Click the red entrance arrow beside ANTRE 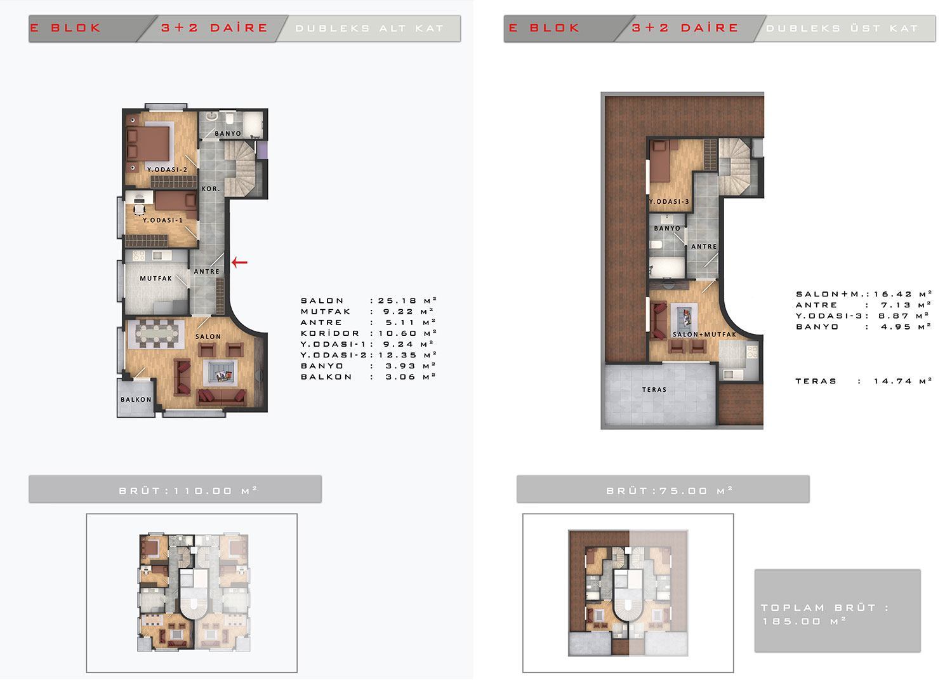tap(240, 262)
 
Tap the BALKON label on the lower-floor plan tap(136, 400)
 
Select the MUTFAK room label tap(156, 279)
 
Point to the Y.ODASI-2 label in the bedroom tap(167, 170)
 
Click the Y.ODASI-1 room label tap(162, 220)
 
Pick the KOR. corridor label tap(211, 189)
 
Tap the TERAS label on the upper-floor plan tap(654, 390)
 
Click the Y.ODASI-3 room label tap(669, 201)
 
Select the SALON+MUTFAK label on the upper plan tap(704, 335)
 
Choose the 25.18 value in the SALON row tap(398, 301)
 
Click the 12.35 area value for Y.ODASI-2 tap(398, 355)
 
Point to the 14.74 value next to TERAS tap(894, 381)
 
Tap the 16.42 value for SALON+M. tap(894, 294)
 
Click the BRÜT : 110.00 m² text tap(188, 491)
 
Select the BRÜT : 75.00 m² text tap(670, 491)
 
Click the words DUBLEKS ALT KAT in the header tap(369, 29)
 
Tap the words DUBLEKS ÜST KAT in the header tap(842, 29)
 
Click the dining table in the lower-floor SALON tap(157, 333)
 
